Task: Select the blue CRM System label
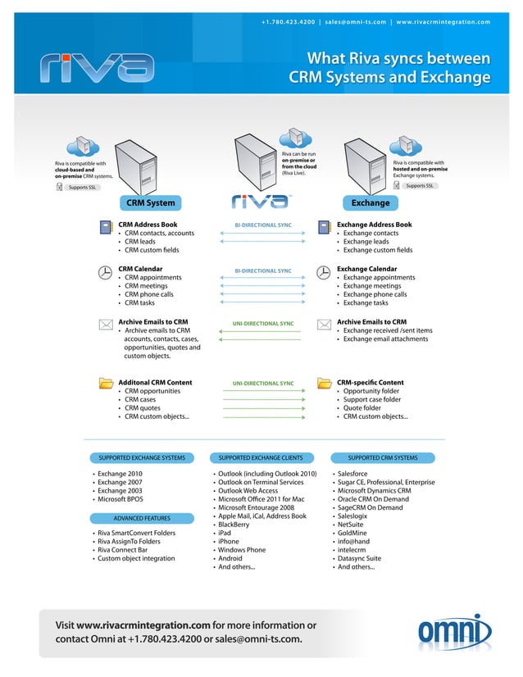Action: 150,202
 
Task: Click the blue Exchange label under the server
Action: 370,202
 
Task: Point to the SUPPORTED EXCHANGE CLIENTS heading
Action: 261,457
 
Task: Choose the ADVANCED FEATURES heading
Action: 142,518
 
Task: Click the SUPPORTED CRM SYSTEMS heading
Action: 382,457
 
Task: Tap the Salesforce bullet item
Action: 352,474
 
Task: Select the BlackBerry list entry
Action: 236,525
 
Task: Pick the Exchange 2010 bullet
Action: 119,474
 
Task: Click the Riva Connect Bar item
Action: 124,550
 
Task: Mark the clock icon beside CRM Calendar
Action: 105,273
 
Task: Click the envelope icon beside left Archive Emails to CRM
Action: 105,325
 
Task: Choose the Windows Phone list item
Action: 241,550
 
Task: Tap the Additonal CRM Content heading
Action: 155,382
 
